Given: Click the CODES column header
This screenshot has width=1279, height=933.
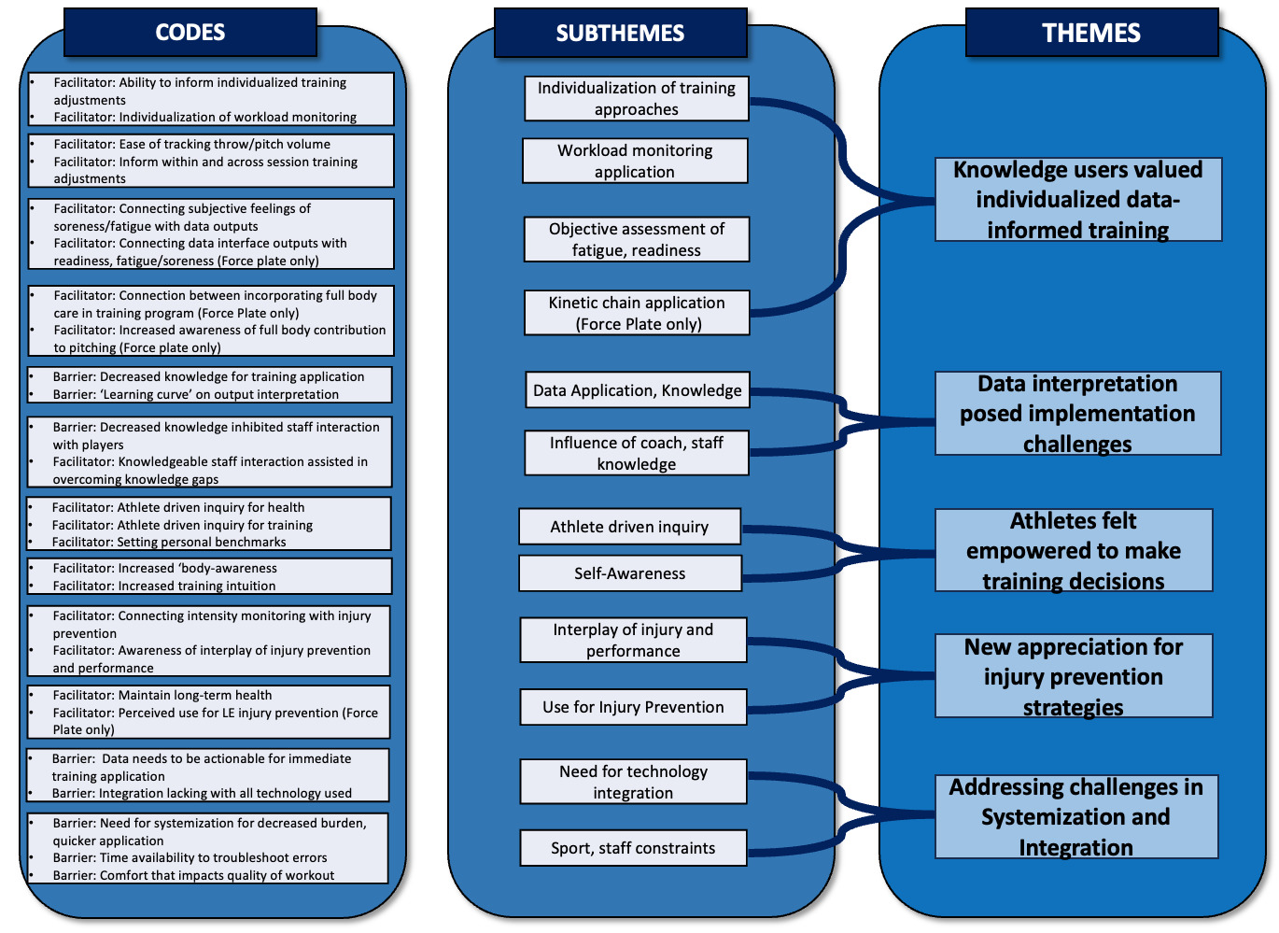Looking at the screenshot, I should pyautogui.click(x=190, y=33).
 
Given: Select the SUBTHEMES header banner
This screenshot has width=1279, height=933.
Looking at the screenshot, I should pyautogui.click(x=620, y=33).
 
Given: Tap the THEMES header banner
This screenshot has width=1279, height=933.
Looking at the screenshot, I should pyautogui.click(x=1091, y=33).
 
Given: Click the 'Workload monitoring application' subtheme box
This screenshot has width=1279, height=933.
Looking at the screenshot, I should pyautogui.click(x=635, y=161).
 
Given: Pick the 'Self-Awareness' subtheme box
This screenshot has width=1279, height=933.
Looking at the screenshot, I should pyautogui.click(x=630, y=573).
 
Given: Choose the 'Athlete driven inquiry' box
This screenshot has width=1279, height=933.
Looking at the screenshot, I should pyautogui.click(x=630, y=527).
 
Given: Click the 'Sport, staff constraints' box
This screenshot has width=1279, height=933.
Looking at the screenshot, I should pyautogui.click(x=633, y=848).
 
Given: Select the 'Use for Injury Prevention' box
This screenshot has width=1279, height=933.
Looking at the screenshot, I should pyautogui.click(x=633, y=707).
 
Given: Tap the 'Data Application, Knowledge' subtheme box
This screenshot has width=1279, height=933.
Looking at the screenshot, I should pyautogui.click(x=637, y=390).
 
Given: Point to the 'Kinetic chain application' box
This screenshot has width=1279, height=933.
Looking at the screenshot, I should pyautogui.click(x=637, y=313).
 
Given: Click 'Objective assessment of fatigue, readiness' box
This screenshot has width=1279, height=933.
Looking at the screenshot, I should pyautogui.click(x=637, y=239).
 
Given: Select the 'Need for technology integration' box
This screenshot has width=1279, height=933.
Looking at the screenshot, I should pyautogui.click(x=633, y=782).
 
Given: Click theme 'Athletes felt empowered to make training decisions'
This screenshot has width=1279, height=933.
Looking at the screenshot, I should pyautogui.click(x=1074, y=550).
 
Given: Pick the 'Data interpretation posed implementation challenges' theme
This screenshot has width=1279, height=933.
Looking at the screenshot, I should pyautogui.click(x=1077, y=413).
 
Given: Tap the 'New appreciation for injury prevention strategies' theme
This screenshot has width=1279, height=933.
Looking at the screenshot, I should pyautogui.click(x=1074, y=676).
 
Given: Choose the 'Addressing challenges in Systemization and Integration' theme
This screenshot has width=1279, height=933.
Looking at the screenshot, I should pyautogui.click(x=1075, y=816).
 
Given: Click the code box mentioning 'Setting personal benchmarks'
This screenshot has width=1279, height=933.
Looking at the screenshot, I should pyautogui.click(x=209, y=524).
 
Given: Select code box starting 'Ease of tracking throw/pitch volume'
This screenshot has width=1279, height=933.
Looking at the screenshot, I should pyautogui.click(x=211, y=161).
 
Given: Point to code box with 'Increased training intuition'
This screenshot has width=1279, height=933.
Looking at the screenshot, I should pyautogui.click(x=209, y=576).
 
